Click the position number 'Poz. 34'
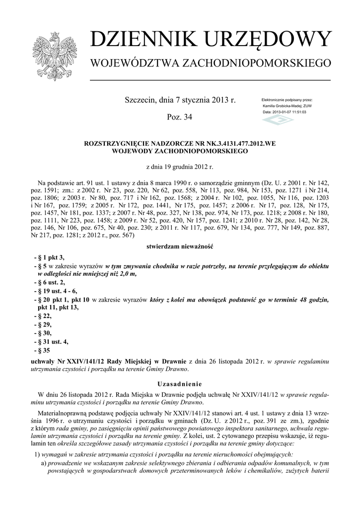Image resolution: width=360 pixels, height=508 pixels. [x=180, y=117]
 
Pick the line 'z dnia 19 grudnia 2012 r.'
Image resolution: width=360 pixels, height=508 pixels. [x=180, y=167]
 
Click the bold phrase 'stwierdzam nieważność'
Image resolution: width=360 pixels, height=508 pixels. [x=180, y=246]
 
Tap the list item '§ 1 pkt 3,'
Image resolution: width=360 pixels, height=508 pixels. [x=49, y=257]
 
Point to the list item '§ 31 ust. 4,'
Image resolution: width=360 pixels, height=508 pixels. [x=51, y=341]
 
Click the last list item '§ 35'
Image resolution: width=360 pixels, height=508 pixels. [x=42, y=350]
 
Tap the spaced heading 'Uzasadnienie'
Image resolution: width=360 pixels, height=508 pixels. [x=180, y=383]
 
